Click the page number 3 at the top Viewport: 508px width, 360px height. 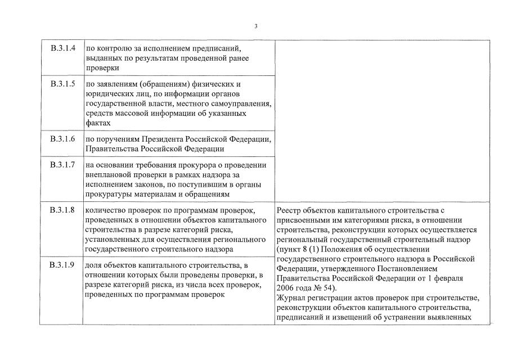tap(255, 26)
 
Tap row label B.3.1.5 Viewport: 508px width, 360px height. tap(62, 84)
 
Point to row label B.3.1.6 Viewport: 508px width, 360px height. tap(62, 139)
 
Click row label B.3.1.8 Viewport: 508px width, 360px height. tap(62, 210)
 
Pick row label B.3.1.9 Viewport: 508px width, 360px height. tap(62, 265)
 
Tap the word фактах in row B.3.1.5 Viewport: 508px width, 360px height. tap(97, 123)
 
